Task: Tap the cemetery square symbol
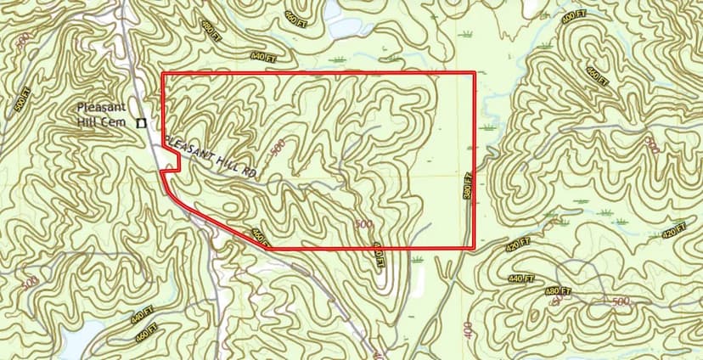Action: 143,122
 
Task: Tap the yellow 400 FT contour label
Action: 575,16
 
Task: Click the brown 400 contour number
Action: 469,326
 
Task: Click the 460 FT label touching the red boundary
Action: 260,235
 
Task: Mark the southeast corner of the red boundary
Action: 474,248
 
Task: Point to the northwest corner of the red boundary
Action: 162,74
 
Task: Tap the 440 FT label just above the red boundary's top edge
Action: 264,57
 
